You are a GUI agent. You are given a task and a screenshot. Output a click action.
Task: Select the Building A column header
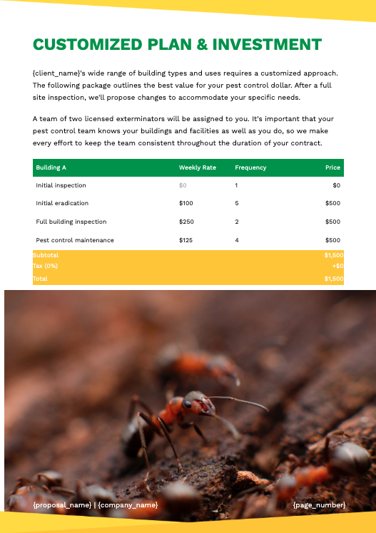(51, 167)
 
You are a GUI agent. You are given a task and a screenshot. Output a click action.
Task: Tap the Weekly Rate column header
(197, 167)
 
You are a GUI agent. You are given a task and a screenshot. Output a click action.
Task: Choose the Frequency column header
(250, 167)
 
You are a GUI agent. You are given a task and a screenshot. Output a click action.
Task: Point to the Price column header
(332, 167)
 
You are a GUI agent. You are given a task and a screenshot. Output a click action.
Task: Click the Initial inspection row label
(61, 185)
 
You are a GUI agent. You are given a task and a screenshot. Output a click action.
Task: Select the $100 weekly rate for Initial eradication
(186, 204)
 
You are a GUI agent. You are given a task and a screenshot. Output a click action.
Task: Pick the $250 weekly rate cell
(186, 222)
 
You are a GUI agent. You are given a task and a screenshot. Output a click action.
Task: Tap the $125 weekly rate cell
(186, 240)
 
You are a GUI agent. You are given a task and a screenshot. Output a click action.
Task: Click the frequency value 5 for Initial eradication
(236, 204)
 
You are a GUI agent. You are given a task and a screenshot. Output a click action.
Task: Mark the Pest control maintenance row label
(75, 240)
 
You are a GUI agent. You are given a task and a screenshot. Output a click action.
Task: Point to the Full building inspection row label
(71, 222)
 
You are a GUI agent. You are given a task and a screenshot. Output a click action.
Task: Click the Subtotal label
(46, 255)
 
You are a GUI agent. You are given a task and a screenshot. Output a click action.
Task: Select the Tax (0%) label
(46, 266)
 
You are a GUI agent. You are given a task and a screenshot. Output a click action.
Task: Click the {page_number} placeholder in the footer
(319, 505)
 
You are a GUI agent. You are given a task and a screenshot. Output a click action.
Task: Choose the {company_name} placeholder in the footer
(128, 505)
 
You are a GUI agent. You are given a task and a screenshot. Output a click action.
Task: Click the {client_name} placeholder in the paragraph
(56, 73)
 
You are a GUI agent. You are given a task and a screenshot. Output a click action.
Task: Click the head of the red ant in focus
(190, 402)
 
